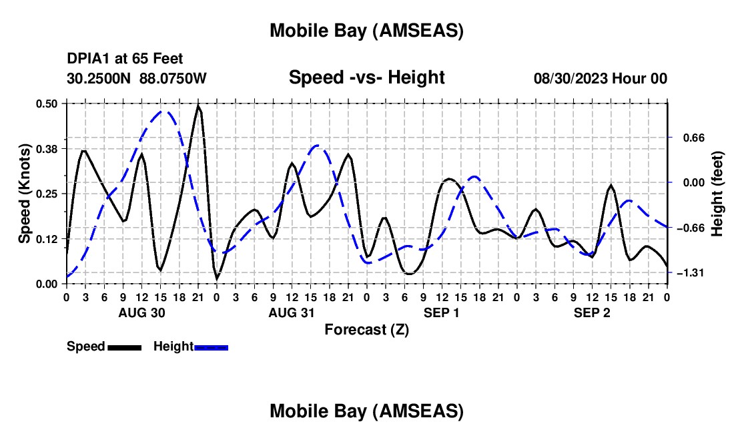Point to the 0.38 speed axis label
47,148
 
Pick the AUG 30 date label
141,312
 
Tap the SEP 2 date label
592,312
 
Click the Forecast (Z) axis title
366,329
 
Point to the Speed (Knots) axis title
25,194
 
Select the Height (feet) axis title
717,194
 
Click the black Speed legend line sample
124,347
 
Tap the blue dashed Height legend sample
212,347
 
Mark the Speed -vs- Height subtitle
366,77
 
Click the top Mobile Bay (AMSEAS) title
366,30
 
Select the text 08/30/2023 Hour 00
600,78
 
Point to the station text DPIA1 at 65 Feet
125,59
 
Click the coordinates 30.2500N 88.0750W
137,78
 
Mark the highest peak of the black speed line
198,105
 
